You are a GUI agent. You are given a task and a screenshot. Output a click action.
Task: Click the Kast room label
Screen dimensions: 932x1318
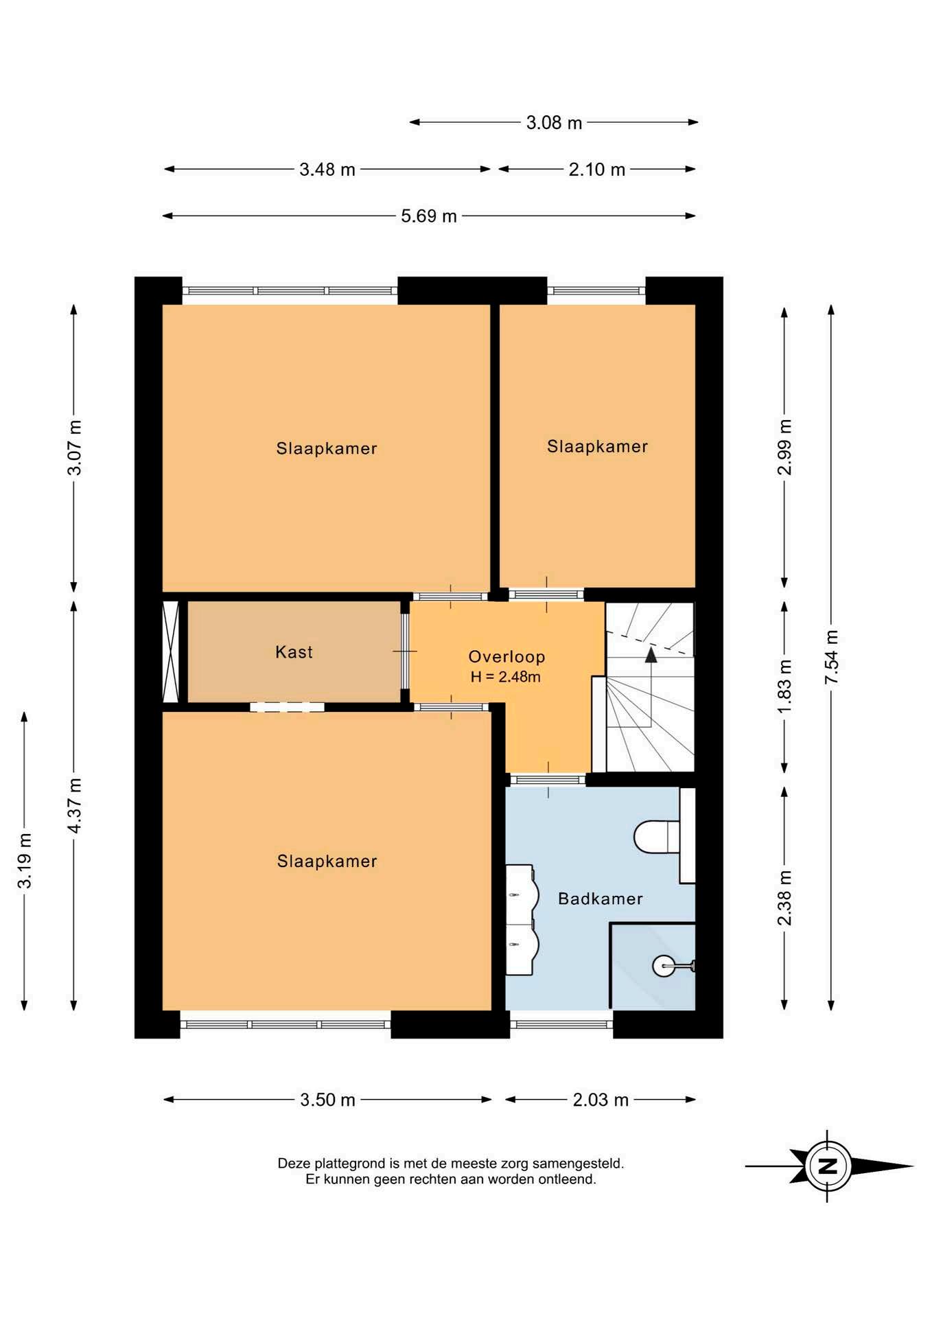point(294,651)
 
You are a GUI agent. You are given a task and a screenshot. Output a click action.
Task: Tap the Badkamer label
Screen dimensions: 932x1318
point(600,899)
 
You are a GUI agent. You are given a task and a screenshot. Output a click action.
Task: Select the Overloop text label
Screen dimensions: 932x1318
point(506,656)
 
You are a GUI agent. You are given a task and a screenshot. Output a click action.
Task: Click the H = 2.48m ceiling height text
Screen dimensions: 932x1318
point(505,677)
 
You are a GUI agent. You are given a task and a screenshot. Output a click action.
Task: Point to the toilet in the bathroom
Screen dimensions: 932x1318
point(657,837)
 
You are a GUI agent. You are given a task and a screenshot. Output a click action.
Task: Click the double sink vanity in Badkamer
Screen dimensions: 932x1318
point(521,920)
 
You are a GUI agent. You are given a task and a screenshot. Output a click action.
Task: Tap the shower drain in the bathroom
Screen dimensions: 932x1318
point(664,966)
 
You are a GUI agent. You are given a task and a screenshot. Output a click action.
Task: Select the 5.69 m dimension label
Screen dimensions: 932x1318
point(429,216)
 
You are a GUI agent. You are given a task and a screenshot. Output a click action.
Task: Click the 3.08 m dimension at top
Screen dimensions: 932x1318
point(554,123)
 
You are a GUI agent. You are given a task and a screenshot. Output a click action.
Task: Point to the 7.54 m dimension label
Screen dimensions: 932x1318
point(831,656)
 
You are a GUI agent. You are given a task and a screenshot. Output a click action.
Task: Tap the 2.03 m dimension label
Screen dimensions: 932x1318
point(601,1100)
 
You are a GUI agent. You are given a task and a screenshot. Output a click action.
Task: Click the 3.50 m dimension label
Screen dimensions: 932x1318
point(327,1100)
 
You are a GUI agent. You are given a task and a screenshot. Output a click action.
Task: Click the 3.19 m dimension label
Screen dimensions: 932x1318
point(25,861)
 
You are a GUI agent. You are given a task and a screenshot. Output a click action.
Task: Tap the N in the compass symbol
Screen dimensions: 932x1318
point(828,1166)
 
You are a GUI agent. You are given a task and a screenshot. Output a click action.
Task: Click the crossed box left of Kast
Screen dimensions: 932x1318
point(170,651)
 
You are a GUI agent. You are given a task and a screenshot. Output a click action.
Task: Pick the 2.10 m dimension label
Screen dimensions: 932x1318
point(596,170)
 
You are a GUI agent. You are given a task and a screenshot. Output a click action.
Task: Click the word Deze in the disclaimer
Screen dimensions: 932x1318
point(294,1164)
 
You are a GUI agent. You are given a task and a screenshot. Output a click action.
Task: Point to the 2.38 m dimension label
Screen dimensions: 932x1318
point(784,898)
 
